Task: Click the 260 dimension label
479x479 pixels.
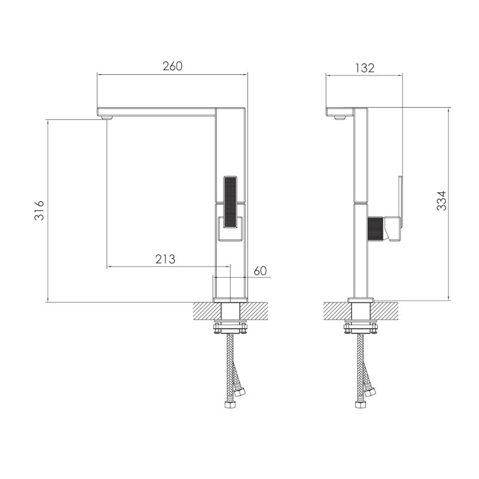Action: pos(172,66)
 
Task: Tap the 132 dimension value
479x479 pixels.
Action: pos(365,68)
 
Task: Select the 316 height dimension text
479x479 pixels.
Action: pos(40,211)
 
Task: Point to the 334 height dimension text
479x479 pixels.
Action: pos(441,201)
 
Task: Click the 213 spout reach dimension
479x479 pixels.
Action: pos(165,259)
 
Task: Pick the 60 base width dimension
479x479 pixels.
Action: pos(260,271)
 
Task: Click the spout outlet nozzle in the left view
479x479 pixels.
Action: pos(107,117)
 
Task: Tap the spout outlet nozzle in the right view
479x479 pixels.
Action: pos(339,117)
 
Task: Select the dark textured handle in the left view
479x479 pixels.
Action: pos(231,202)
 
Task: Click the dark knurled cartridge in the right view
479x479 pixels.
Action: pos(376,229)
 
